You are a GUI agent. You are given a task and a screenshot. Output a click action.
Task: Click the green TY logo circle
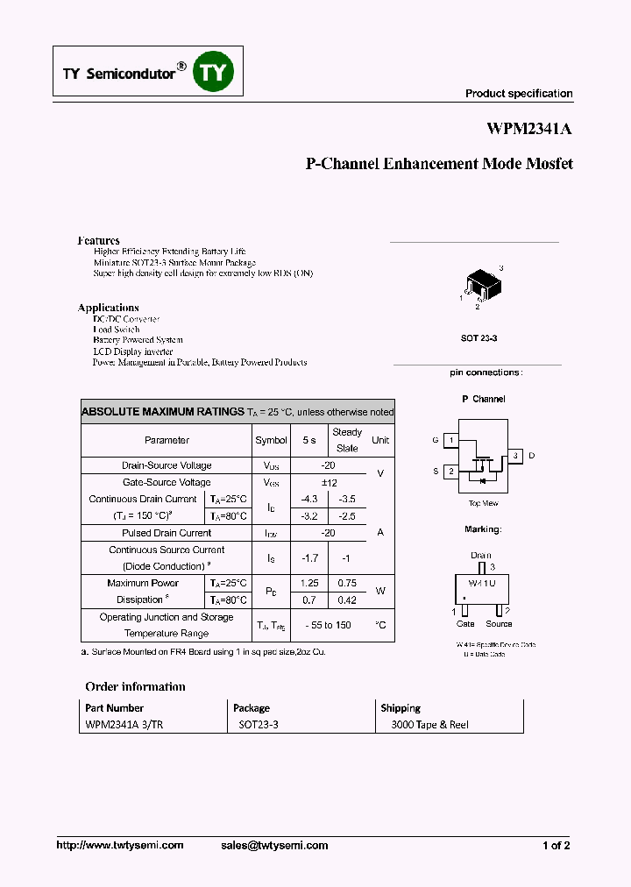pyautogui.click(x=214, y=73)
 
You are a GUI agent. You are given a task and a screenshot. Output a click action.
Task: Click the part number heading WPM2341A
pyautogui.click(x=529, y=129)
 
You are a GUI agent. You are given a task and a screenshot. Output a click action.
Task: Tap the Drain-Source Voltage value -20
pyautogui.click(x=329, y=465)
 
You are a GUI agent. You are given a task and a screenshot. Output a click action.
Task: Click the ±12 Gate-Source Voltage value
pyautogui.click(x=329, y=482)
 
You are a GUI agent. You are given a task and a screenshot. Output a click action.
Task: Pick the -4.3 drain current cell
pyautogui.click(x=308, y=499)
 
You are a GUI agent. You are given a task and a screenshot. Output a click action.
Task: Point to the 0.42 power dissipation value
pyautogui.click(x=347, y=600)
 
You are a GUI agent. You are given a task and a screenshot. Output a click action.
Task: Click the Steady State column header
pyautogui.click(x=347, y=440)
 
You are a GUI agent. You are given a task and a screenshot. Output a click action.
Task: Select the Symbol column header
pyautogui.click(x=271, y=440)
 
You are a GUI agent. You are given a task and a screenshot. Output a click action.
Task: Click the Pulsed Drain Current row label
pyautogui.click(x=167, y=533)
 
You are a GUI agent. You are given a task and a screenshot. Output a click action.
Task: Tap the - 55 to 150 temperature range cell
pyautogui.click(x=329, y=625)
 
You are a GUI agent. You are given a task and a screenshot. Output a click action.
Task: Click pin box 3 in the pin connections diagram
pyautogui.click(x=516, y=456)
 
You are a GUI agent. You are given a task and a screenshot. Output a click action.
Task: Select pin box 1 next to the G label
pyautogui.click(x=450, y=440)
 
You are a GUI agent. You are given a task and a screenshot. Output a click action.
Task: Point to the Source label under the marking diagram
pyautogui.click(x=499, y=624)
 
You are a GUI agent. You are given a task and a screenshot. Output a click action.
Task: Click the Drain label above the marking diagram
pyautogui.click(x=481, y=556)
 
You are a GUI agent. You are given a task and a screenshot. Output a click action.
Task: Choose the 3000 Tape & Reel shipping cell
pyautogui.click(x=429, y=725)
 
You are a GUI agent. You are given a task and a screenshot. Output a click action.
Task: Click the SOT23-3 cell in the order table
pyautogui.click(x=259, y=725)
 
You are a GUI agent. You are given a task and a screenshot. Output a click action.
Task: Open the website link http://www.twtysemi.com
pyautogui.click(x=120, y=845)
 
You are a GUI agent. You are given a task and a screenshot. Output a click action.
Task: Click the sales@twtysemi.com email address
pyautogui.click(x=274, y=845)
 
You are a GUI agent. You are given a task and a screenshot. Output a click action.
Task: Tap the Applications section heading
pyautogui.click(x=108, y=308)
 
